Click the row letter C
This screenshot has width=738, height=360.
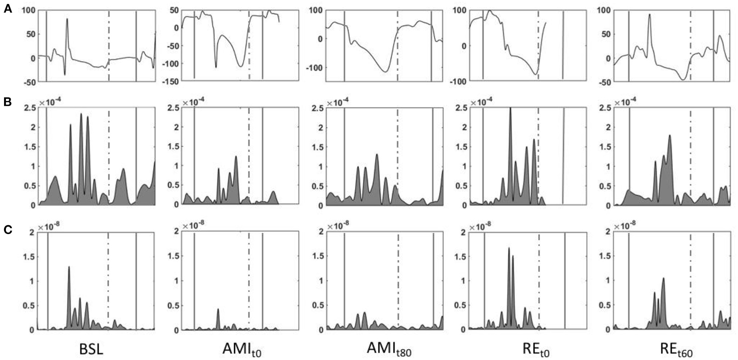pyautogui.click(x=8, y=230)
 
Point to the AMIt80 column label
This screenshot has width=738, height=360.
pyautogui.click(x=388, y=349)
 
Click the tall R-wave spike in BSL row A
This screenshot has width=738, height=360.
pyautogui.click(x=67, y=19)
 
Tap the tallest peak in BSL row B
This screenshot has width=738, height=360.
pyautogui.click(x=81, y=114)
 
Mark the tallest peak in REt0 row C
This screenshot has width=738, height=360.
pyautogui.click(x=509, y=248)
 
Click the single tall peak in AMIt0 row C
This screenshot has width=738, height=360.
pyautogui.click(x=218, y=309)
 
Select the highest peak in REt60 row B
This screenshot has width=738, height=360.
pyautogui.click(x=670, y=136)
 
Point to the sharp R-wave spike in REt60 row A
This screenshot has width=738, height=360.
pyautogui.click(x=649, y=15)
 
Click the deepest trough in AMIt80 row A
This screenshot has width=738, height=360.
pyautogui.click(x=385, y=72)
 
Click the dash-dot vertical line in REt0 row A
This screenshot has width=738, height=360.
pyautogui.click(x=538, y=44)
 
